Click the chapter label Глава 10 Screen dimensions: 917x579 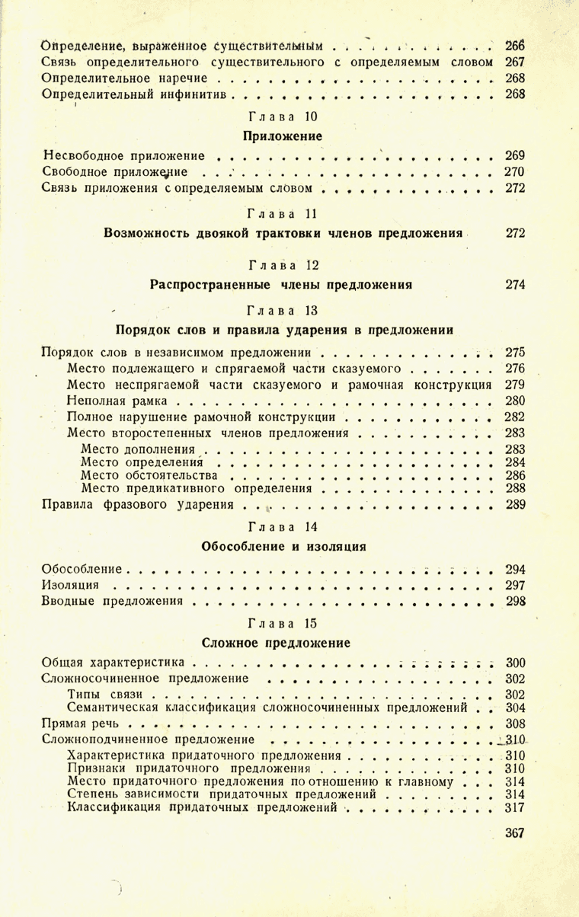click(282, 117)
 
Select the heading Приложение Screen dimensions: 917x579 click(282, 136)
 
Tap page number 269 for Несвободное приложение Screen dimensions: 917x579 click(516, 156)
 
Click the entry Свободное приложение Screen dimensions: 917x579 click(117, 171)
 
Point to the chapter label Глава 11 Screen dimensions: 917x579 click(282, 213)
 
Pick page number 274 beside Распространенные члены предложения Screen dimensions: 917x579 click(516, 285)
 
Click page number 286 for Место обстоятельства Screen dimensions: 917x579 click(516, 474)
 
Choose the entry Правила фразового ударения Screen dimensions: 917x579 click(137, 503)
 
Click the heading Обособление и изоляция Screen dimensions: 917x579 click(282, 546)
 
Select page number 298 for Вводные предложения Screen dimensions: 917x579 click(516, 601)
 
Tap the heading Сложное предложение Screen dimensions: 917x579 click(282, 643)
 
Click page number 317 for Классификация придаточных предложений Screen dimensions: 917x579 click(516, 807)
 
